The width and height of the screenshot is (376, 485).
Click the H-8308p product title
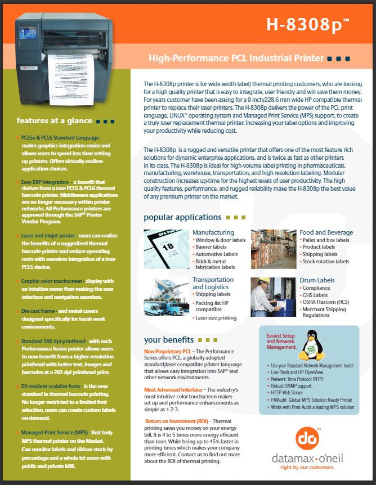pyautogui.click(x=307, y=24)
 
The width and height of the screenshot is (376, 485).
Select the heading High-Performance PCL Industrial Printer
pyautogui.click(x=236, y=58)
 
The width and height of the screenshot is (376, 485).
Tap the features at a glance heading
pyautogui.click(x=55, y=120)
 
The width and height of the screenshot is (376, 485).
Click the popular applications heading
pyautogui.click(x=182, y=217)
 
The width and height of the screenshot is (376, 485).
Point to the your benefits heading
pyautogui.click(x=169, y=340)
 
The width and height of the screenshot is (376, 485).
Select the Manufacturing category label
pyautogui.click(x=213, y=232)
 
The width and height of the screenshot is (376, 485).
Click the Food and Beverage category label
pyautogui.click(x=326, y=232)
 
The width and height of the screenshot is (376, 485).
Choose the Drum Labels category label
pyautogui.click(x=317, y=280)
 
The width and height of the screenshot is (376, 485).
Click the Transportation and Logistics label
pyautogui.click(x=213, y=284)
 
